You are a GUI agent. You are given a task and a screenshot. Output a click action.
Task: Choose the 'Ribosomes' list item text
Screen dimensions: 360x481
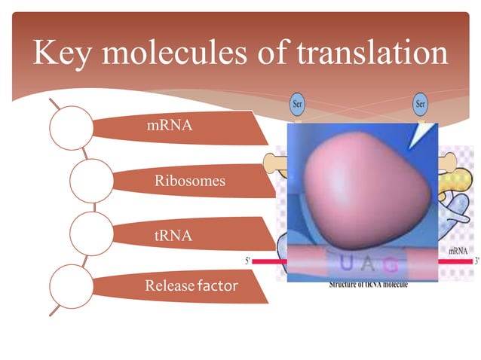pos(189,181)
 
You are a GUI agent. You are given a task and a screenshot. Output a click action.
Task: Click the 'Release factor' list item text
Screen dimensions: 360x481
pos(191,285)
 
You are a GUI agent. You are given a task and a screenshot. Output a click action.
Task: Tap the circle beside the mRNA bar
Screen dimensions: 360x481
pos(72,127)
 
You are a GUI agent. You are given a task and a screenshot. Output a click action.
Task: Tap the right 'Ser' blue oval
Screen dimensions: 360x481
pos(421,105)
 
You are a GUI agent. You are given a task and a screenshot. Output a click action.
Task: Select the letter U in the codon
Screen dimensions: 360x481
pos(346,264)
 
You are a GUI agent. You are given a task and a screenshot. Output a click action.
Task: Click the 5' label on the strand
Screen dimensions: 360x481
pos(248,260)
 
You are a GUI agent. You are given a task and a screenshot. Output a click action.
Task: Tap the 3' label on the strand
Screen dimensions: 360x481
pos(476,261)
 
